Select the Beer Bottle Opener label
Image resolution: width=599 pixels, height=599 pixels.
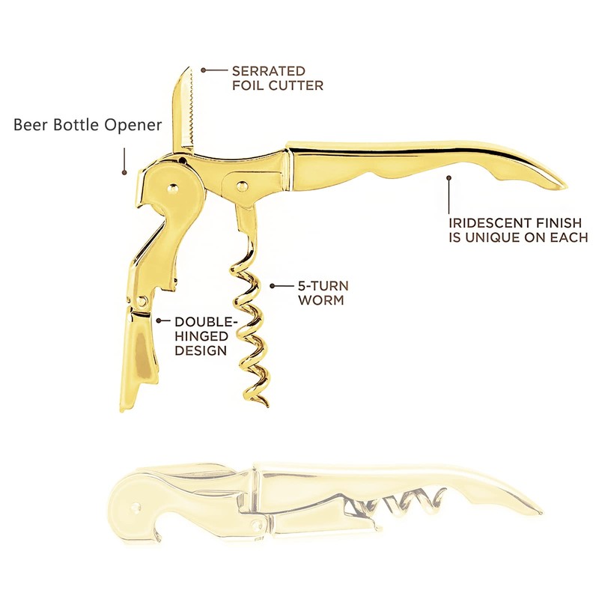88,125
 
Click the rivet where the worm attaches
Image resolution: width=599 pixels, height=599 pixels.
241,183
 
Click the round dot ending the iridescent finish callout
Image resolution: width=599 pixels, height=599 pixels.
449,178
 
